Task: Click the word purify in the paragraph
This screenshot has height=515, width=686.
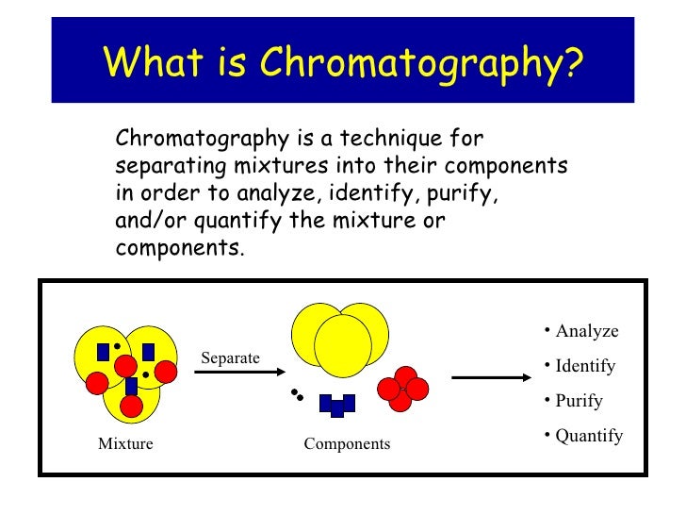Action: pyautogui.click(x=462, y=194)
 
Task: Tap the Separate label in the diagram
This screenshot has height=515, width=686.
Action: pyautogui.click(x=230, y=357)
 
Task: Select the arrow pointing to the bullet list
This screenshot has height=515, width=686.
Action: pyautogui.click(x=492, y=378)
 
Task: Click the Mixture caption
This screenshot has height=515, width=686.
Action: pyautogui.click(x=125, y=443)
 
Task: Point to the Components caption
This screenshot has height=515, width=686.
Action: pyautogui.click(x=347, y=443)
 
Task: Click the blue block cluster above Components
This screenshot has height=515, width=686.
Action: pyautogui.click(x=336, y=405)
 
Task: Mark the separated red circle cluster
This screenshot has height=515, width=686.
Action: pyautogui.click(x=403, y=388)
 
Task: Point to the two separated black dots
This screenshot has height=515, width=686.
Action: pyautogui.click(x=297, y=394)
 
